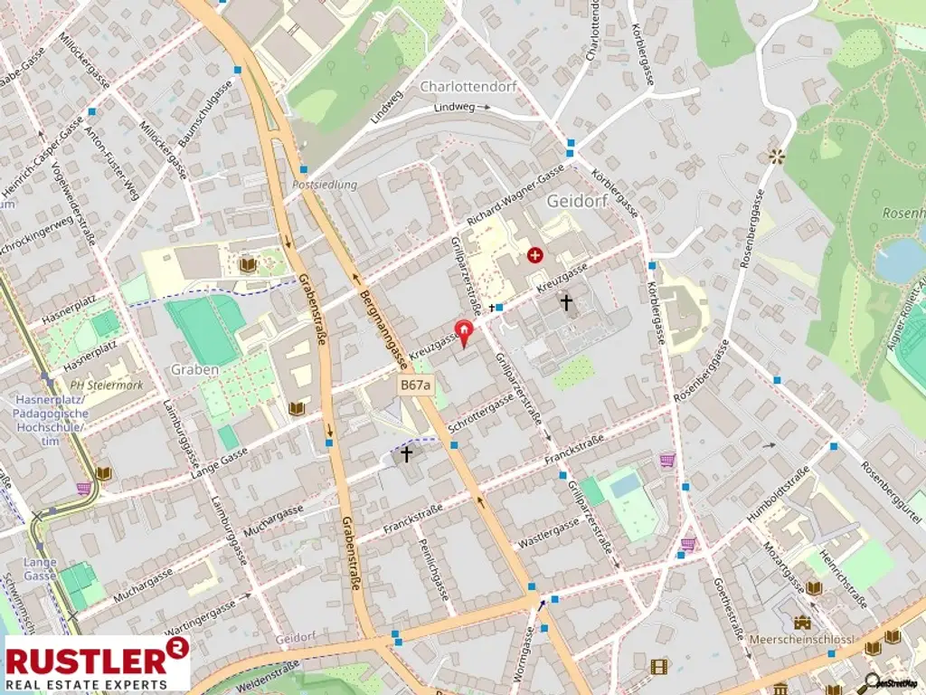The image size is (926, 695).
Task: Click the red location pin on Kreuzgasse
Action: (465, 332)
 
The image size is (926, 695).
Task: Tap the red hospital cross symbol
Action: (537, 256)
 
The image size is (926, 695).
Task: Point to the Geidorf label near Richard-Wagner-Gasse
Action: (576, 200)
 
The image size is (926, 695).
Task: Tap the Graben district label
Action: (194, 369)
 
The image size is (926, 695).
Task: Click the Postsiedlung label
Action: (325, 185)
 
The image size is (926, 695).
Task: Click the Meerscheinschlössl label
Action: (802, 640)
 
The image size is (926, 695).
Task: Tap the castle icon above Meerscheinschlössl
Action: (802, 622)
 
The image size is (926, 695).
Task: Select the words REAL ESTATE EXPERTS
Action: (87, 684)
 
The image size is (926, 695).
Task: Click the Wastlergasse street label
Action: (547, 536)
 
